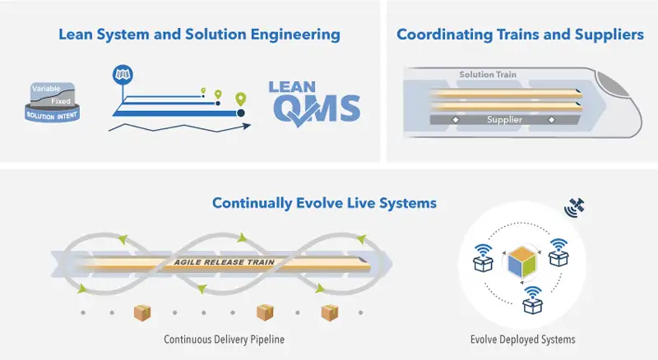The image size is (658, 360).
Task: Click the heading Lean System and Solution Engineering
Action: [x=198, y=35]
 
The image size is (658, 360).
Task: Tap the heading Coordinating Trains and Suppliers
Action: [x=520, y=35]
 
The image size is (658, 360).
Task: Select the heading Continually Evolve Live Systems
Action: [x=323, y=202]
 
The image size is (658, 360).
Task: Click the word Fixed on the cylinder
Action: [x=60, y=101]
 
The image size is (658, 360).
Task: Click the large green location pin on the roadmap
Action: [x=240, y=101]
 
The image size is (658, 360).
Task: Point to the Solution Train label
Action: [x=488, y=75]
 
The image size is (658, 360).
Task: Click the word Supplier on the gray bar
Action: [x=504, y=120]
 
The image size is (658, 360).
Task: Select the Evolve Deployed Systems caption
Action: [x=522, y=339]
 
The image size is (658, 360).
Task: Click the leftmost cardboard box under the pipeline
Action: [x=142, y=312]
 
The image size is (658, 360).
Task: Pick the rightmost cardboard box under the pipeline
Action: [x=329, y=312]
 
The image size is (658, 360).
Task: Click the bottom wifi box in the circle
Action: [x=531, y=302]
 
